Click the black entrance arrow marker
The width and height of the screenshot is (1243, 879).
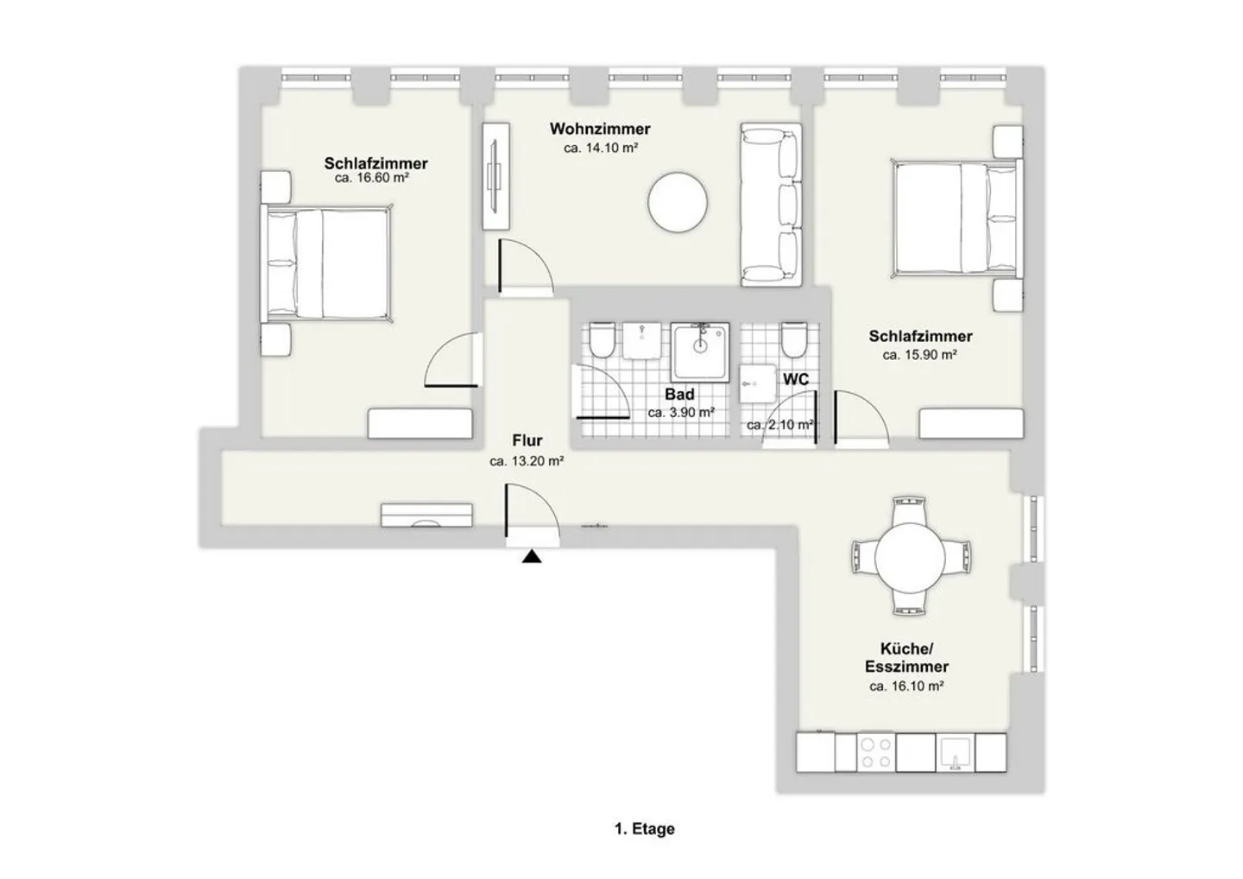[x=532, y=557]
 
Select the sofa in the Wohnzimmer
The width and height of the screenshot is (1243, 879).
[x=771, y=205]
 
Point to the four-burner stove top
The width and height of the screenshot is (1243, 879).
[x=876, y=753]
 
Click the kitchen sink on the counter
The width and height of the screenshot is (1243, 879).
[x=956, y=752]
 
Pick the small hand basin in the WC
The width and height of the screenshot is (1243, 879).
[x=758, y=377]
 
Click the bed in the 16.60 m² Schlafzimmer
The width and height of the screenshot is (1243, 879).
[x=326, y=263]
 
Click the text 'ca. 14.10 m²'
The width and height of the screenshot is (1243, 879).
[x=601, y=149]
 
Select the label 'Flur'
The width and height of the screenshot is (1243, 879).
[x=527, y=441]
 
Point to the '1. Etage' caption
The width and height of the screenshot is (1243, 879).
[x=645, y=829]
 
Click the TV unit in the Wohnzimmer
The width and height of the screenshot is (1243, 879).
[x=495, y=176]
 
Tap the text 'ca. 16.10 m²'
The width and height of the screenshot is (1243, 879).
[x=906, y=686]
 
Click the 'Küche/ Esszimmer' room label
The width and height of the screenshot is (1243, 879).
[x=906, y=658]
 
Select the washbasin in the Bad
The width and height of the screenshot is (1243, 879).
[x=641, y=340]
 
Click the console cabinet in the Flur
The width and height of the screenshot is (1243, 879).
[x=427, y=515]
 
